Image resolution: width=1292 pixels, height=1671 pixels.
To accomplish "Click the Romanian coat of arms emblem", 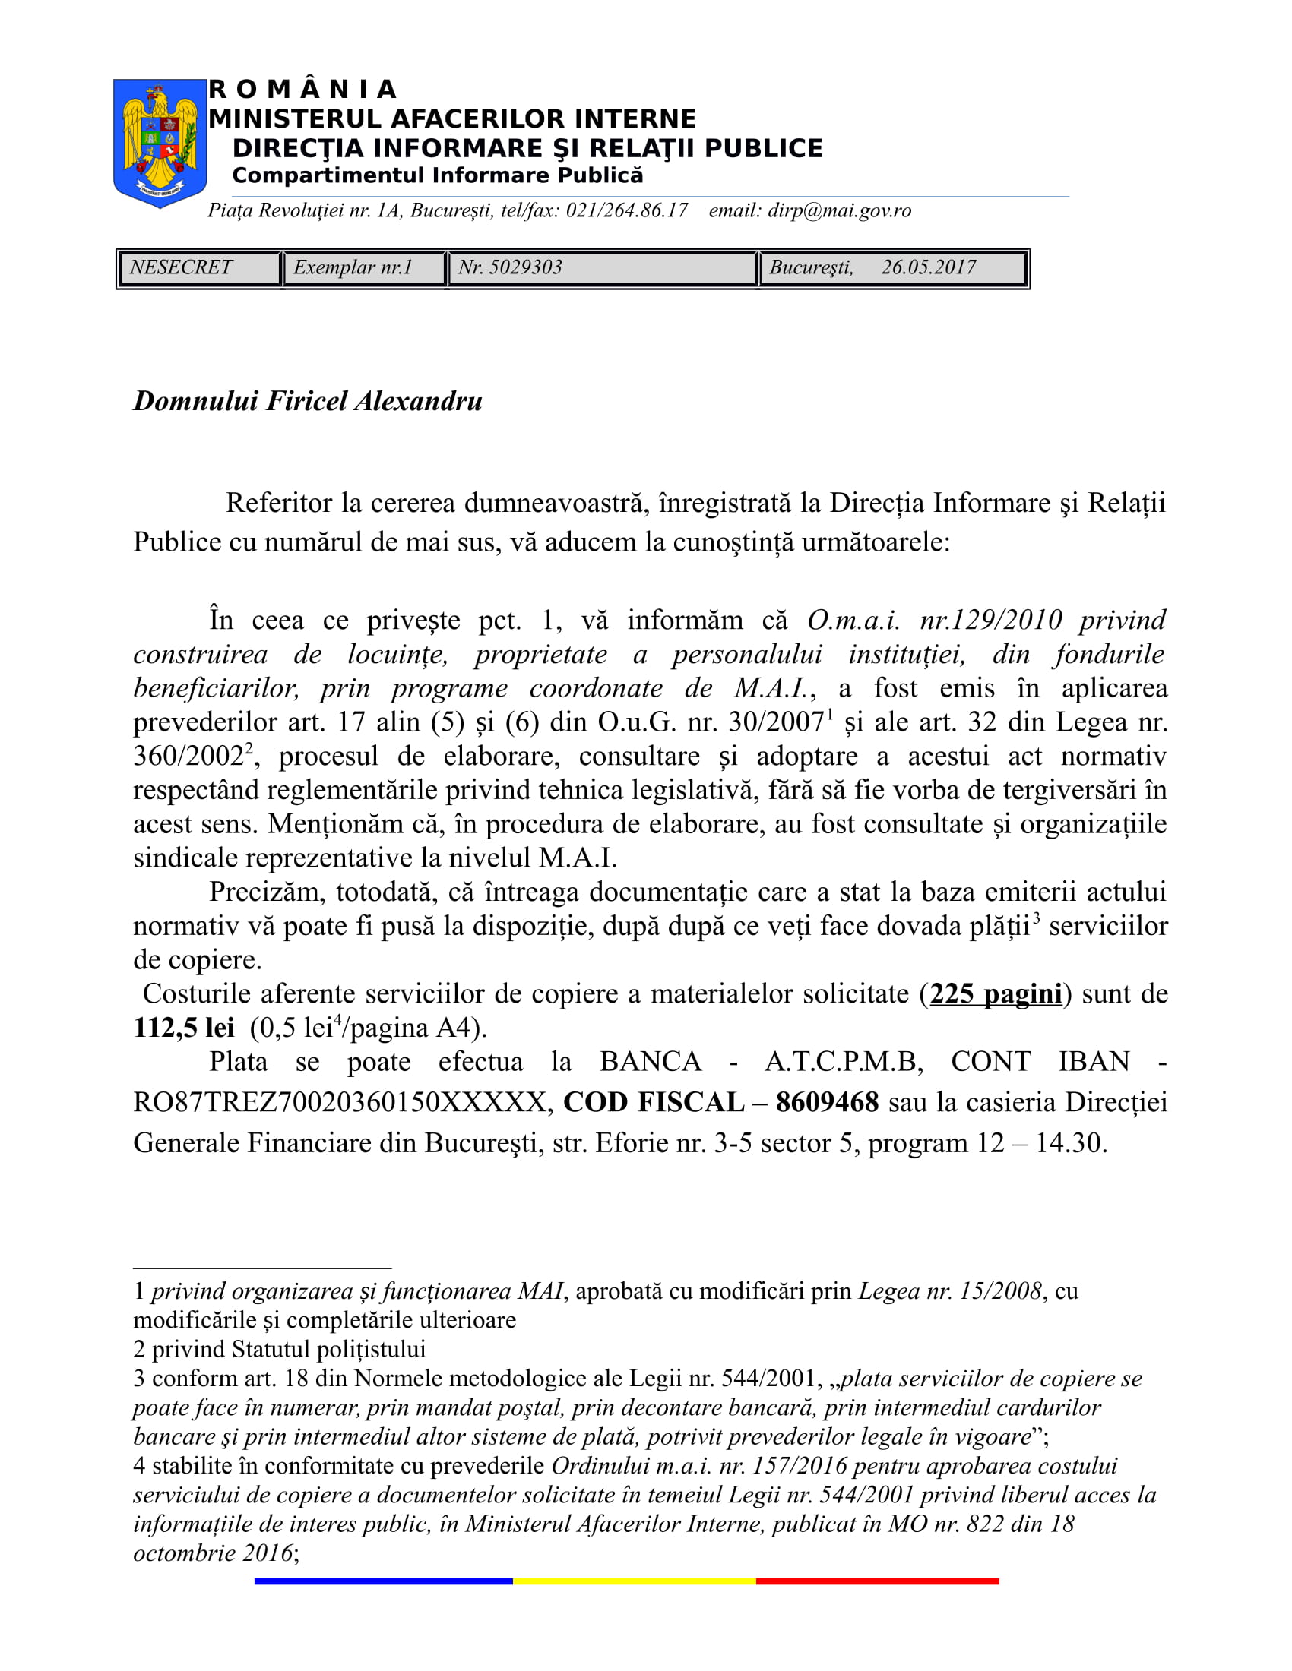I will pyautogui.click(x=160, y=143).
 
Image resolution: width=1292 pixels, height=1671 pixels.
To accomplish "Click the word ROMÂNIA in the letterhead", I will pyautogui.click(x=302, y=90).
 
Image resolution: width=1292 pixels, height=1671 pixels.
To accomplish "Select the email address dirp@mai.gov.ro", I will pyautogui.click(x=839, y=210).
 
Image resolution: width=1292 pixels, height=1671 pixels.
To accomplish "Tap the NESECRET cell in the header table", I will pyautogui.click(x=182, y=267).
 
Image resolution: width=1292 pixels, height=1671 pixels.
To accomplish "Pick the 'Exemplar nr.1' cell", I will pyautogui.click(x=353, y=267).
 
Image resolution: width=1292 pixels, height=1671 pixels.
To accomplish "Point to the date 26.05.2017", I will pyautogui.click(x=929, y=267).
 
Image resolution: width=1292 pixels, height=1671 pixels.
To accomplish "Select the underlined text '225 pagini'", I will pyautogui.click(x=996, y=994).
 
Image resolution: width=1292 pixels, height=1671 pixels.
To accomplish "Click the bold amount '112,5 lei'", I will pyautogui.click(x=184, y=1028).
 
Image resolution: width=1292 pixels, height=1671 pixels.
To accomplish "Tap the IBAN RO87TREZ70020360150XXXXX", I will pyautogui.click(x=340, y=1103).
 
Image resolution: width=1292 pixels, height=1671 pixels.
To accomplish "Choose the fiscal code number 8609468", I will pyautogui.click(x=828, y=1103).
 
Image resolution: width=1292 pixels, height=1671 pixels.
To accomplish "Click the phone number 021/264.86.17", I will pyautogui.click(x=626, y=210).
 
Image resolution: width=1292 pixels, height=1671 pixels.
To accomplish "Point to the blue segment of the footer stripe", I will pyautogui.click(x=383, y=1581).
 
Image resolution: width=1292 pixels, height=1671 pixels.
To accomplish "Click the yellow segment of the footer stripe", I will pyautogui.click(x=634, y=1581).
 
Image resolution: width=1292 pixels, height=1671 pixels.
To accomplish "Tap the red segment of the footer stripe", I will pyautogui.click(x=877, y=1581).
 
